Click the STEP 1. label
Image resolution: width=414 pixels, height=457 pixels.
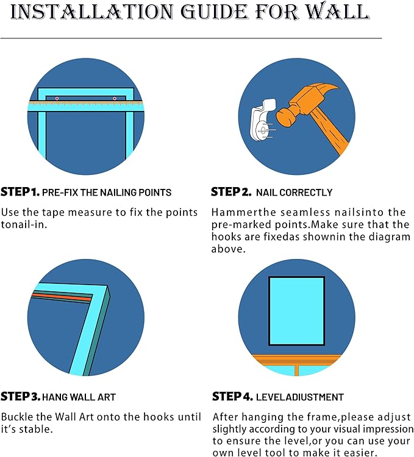pyautogui.click(x=20, y=192)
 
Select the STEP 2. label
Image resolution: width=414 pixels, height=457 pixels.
pyautogui.click(x=231, y=192)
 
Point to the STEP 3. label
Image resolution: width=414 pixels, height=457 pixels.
pyautogui.click(x=20, y=397)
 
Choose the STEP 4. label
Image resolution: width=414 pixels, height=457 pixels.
pyautogui.click(x=232, y=397)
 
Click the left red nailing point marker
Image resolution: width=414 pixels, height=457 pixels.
pyautogui.click(x=57, y=99)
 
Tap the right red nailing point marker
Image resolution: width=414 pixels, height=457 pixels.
pyautogui.click(x=115, y=99)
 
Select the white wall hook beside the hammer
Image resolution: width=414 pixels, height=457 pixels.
pyautogui.click(x=262, y=119)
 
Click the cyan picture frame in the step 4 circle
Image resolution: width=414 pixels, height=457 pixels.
pyautogui.click(x=296, y=311)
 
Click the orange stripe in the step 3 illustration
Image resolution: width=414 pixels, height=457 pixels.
pyautogui.click(x=61, y=297)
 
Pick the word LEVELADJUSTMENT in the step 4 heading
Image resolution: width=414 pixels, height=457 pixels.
pyautogui.click(x=300, y=397)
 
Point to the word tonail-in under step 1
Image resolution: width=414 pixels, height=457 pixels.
pyautogui.click(x=24, y=224)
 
